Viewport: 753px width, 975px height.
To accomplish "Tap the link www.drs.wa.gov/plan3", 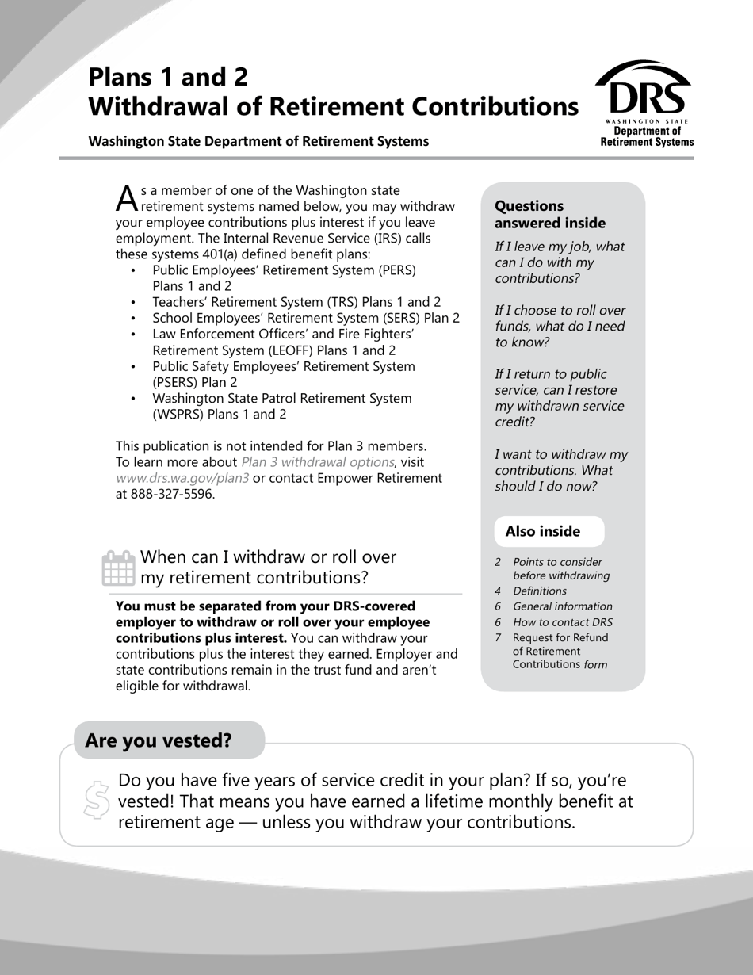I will pos(182,479).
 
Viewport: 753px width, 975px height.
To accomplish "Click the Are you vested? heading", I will pos(159,740).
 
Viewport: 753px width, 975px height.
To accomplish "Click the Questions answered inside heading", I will pos(550,214).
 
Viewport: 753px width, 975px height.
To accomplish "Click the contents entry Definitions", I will pos(540,591).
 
